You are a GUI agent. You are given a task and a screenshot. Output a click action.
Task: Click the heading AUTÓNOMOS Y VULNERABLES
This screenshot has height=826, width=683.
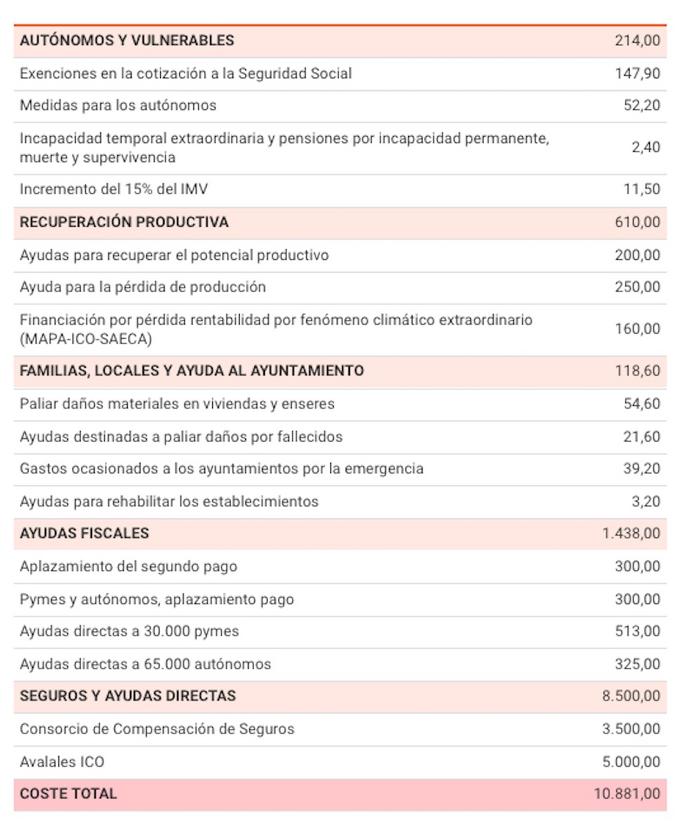tap(127, 41)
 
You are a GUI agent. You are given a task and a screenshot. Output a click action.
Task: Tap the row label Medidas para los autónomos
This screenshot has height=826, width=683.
tap(118, 106)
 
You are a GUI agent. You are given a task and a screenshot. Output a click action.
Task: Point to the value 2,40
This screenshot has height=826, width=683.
tap(645, 148)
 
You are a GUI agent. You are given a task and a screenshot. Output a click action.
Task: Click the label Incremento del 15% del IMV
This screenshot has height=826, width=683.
tap(113, 189)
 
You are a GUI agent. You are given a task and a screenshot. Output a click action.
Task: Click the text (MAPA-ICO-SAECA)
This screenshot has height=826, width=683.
tap(86, 338)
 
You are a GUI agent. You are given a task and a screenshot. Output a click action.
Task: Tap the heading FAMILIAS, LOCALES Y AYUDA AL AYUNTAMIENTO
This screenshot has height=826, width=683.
tap(191, 371)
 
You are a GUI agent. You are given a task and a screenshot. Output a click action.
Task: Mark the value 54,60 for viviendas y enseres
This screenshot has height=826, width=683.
tap(641, 404)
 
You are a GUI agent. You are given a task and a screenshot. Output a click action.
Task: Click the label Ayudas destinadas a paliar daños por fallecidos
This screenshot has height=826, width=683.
tap(181, 437)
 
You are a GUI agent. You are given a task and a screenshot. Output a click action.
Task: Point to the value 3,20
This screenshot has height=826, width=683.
tap(645, 502)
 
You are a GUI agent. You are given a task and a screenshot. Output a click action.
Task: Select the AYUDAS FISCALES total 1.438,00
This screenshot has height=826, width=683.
tap(631, 533)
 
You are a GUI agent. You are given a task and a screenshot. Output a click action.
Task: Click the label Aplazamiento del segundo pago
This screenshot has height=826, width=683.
tap(129, 567)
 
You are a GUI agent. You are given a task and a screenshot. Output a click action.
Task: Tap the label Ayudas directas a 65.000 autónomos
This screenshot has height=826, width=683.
tap(145, 664)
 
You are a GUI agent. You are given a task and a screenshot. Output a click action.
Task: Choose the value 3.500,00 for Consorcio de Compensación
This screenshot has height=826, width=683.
tap(631, 729)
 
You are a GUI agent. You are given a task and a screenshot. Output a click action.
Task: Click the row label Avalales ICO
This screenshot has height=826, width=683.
tap(62, 762)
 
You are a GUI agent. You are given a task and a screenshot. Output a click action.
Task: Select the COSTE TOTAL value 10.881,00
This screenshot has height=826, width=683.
tap(627, 794)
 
